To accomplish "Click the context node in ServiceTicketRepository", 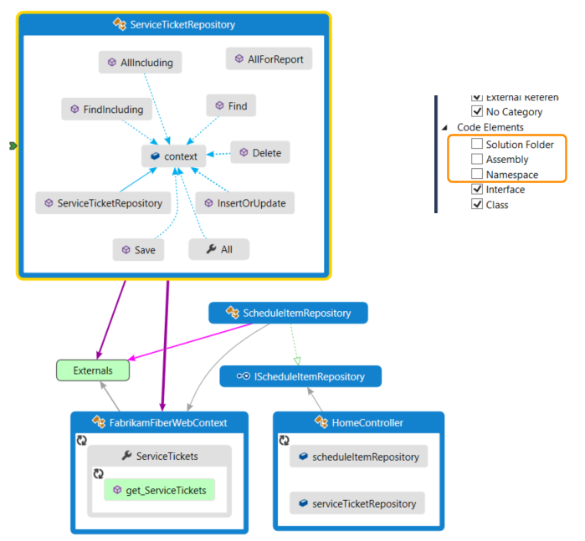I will click(x=174, y=156).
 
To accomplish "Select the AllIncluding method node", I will click(x=140, y=62).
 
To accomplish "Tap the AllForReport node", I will click(x=269, y=59).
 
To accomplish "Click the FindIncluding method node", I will click(x=106, y=110).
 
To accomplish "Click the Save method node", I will click(x=137, y=249).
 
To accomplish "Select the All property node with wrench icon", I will click(x=218, y=249).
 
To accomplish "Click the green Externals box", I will click(x=93, y=369).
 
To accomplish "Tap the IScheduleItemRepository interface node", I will click(x=300, y=376).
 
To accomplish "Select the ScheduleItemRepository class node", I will click(x=288, y=314).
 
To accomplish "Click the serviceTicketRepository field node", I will click(x=357, y=503).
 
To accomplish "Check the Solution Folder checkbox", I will click(x=477, y=145).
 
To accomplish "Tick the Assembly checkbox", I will click(x=477, y=159).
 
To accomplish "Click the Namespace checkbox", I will click(x=477, y=174).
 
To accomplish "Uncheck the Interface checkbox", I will click(x=477, y=190).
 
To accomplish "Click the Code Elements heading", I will click(x=490, y=127).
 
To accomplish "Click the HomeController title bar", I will click(x=358, y=422).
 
